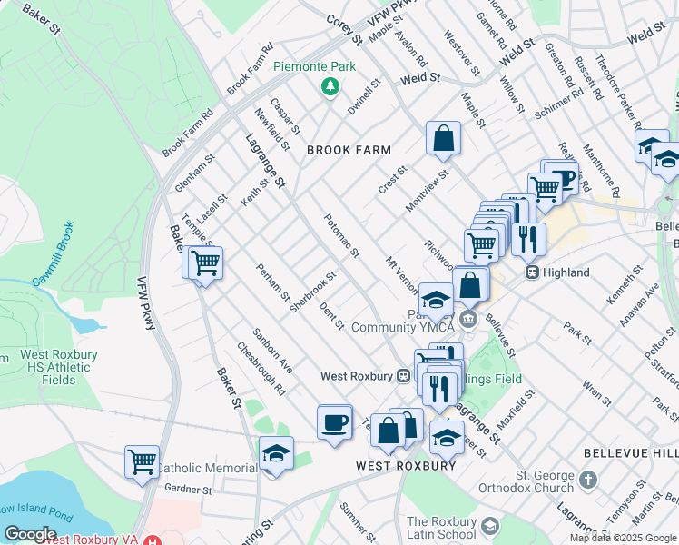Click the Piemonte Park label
(316, 67)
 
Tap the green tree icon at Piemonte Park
(330, 86)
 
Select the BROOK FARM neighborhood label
(349, 150)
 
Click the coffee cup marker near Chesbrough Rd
(334, 422)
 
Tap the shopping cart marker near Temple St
(205, 264)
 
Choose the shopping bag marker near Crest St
(444, 139)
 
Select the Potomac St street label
(342, 233)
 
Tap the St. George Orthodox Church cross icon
(587, 479)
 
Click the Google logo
(30, 534)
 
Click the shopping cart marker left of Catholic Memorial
(143, 461)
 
